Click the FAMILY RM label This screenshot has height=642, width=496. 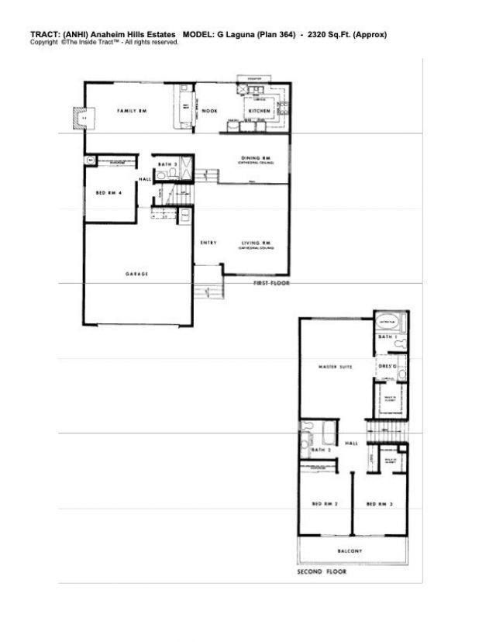(x=132, y=112)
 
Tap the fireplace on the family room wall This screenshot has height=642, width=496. (x=80, y=116)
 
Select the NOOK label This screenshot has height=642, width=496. (x=209, y=112)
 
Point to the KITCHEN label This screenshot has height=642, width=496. (x=258, y=112)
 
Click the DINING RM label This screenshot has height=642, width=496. (x=255, y=159)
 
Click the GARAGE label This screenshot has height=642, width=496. (x=137, y=274)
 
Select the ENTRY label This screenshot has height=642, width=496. (x=208, y=243)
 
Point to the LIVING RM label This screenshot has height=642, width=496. (x=253, y=243)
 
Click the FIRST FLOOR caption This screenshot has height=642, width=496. (x=271, y=285)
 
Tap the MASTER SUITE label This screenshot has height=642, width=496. (x=336, y=367)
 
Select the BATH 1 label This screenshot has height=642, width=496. (x=386, y=338)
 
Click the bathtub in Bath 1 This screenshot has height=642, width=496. (x=385, y=321)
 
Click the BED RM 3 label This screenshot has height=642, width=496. (x=377, y=504)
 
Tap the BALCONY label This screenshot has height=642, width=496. (x=350, y=551)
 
